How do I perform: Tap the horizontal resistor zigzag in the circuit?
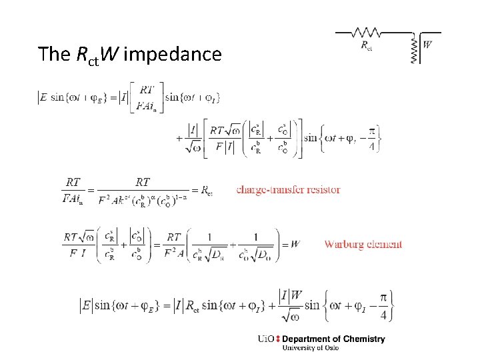pyautogui.click(x=366, y=32)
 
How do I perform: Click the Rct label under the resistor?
pyautogui.click(x=367, y=45)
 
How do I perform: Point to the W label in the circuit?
pyautogui.click(x=427, y=45)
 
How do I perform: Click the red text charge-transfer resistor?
pyautogui.click(x=288, y=190)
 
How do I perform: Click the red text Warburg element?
pyautogui.click(x=363, y=244)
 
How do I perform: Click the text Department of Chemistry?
pyautogui.click(x=333, y=339)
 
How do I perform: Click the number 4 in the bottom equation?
pyautogui.click(x=383, y=315)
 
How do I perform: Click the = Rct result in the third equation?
pyautogui.click(x=201, y=191)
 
